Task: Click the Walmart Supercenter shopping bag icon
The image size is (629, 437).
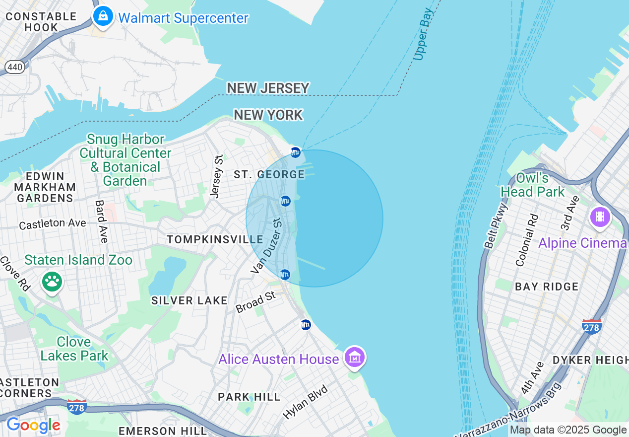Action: [103, 16]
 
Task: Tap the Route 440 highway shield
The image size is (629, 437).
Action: [15, 67]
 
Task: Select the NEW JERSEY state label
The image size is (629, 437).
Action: [268, 88]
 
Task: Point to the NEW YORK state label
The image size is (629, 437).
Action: [268, 115]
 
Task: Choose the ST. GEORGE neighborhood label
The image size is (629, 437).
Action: [269, 174]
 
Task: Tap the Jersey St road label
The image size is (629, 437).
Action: [217, 176]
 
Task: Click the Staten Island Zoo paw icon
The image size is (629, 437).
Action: [52, 282]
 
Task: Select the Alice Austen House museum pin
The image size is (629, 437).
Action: [355, 357]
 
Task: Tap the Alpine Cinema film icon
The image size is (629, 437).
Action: [600, 217]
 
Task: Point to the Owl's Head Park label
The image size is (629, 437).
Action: [532, 185]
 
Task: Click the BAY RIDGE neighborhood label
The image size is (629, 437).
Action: [547, 287]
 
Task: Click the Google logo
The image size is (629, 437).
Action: [33, 425]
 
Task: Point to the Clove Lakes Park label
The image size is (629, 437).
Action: [74, 349]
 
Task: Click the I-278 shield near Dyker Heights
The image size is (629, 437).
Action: [592, 326]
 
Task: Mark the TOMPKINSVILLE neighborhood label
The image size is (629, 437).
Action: [215, 239]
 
